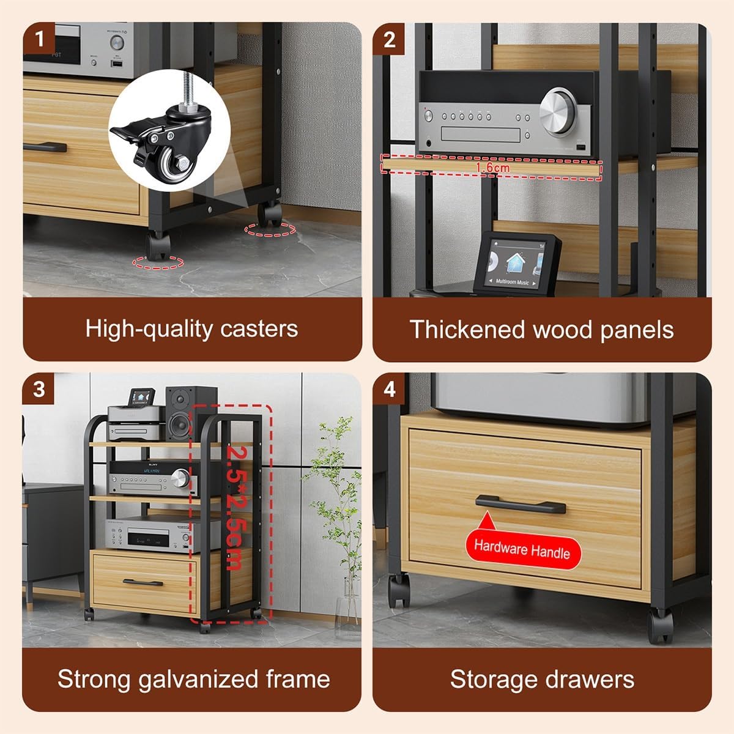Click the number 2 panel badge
click(389, 39)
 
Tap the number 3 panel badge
click(39, 389)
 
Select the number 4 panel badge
click(389, 389)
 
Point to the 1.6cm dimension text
click(492, 167)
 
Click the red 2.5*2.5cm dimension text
click(236, 508)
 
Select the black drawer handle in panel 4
click(521, 504)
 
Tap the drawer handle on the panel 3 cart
click(143, 582)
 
